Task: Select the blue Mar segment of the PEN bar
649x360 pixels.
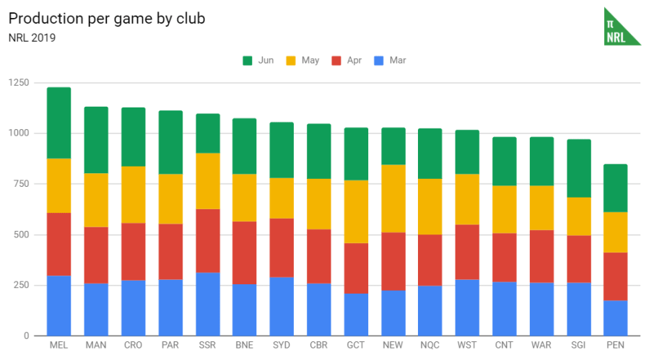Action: pos(615,317)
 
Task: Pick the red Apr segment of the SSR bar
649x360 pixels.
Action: pos(207,240)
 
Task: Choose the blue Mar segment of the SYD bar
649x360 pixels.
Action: pos(282,306)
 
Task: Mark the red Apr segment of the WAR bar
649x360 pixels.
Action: pos(541,256)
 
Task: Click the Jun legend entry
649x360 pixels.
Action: pos(258,61)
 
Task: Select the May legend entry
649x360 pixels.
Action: pos(302,61)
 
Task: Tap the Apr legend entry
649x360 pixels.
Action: pos(347,61)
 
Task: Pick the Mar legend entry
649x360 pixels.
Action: pos(390,61)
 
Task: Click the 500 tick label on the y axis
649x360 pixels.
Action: pos(20,235)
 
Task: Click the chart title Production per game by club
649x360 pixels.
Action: pos(107,19)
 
